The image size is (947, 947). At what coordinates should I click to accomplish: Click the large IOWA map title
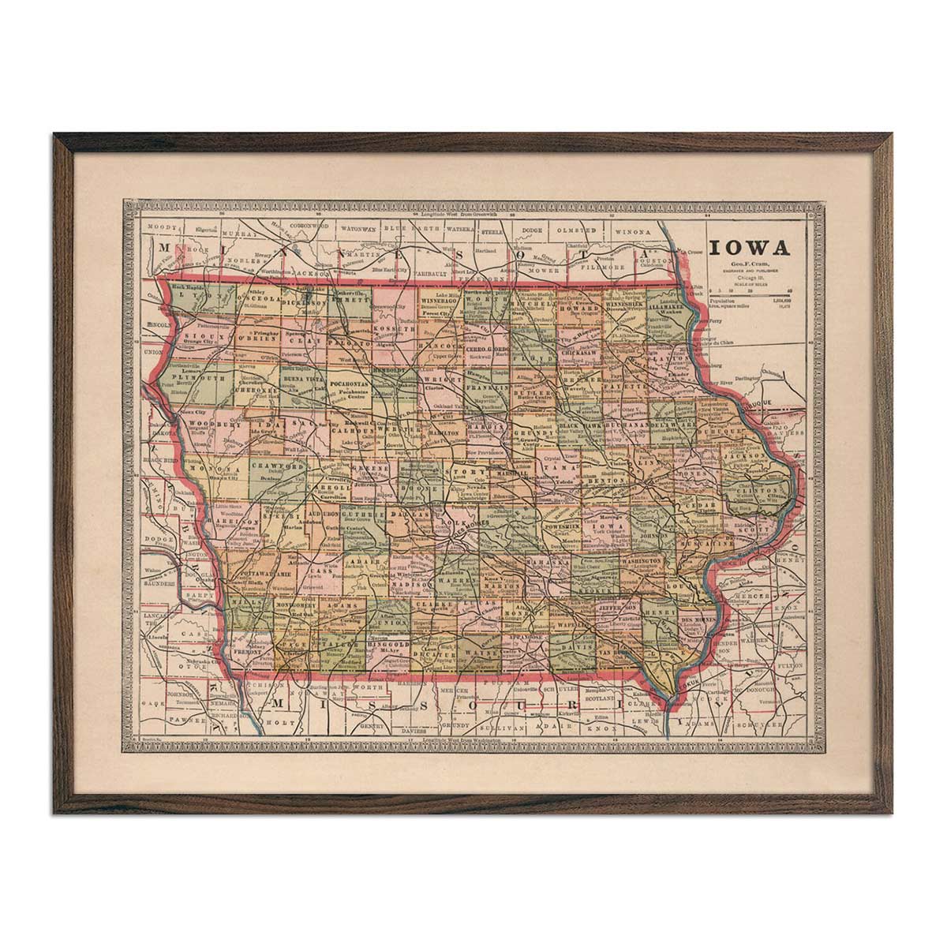(749, 247)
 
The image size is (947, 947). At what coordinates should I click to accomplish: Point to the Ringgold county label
(388, 643)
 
